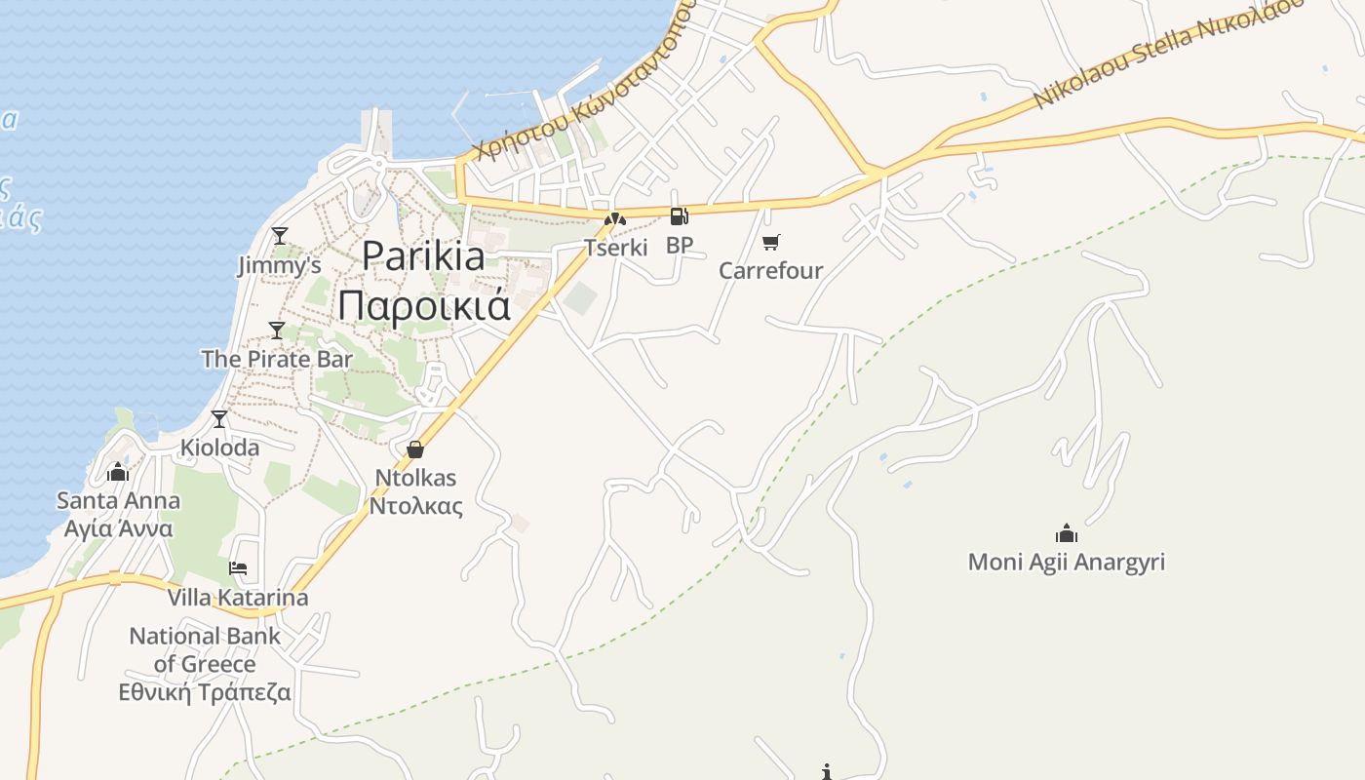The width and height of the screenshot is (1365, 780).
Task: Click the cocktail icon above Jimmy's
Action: [x=280, y=236]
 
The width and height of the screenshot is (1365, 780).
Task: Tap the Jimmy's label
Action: [x=280, y=265]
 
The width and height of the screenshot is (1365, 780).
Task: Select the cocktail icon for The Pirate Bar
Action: [x=277, y=331]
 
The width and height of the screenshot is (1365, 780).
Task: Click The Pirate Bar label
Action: [x=277, y=359]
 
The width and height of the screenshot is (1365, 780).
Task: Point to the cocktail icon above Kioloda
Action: [x=219, y=419]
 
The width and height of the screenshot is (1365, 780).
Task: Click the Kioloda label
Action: [x=220, y=448]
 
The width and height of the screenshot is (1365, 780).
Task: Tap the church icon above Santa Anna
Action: [x=118, y=473]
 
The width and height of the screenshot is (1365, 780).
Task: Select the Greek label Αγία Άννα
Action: [x=118, y=528]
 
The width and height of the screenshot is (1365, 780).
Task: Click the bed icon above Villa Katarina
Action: [x=238, y=568]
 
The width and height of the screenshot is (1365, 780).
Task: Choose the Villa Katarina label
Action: [x=238, y=598]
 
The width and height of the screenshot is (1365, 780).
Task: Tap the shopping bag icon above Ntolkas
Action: [x=415, y=449]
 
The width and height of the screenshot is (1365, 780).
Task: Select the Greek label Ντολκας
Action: [x=415, y=506]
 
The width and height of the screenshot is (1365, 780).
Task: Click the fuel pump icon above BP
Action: [x=679, y=216]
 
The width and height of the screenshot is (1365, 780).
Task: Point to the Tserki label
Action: [x=616, y=248]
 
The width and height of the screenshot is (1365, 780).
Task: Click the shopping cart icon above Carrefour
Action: [x=771, y=242]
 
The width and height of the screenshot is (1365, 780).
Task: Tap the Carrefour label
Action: [x=771, y=271]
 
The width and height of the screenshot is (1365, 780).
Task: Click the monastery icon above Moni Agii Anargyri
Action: [x=1067, y=533]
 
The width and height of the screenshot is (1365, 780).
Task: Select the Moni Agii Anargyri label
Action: [x=1067, y=563]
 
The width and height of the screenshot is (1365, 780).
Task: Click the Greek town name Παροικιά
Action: [x=424, y=305]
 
